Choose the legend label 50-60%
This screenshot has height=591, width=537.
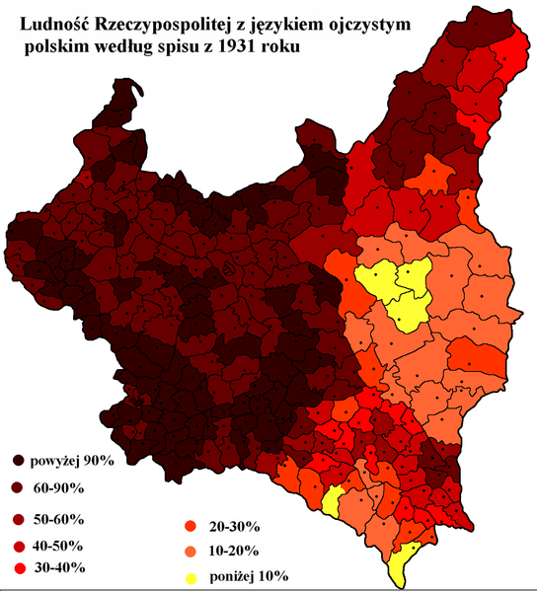[x=62, y=518]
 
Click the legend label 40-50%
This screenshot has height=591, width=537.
[x=62, y=546]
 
